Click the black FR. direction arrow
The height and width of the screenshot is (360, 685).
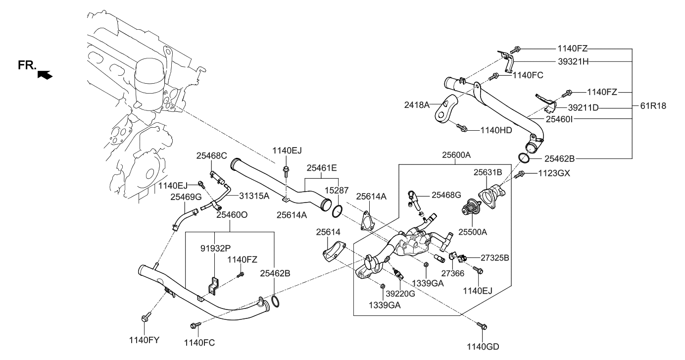pyautogui.click(x=45, y=75)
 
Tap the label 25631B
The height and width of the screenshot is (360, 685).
pyautogui.click(x=488, y=172)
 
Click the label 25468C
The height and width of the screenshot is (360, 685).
pyautogui.click(x=211, y=155)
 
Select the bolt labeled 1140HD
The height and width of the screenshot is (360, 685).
pyautogui.click(x=461, y=128)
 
